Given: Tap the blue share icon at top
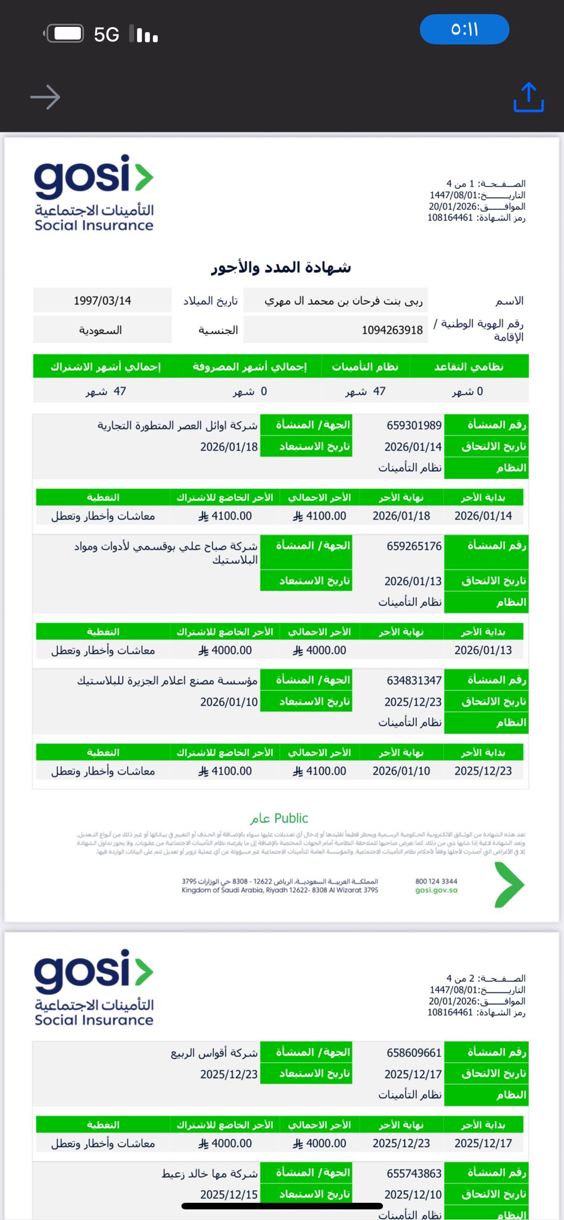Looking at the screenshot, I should tap(528, 98).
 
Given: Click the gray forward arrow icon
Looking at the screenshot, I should tap(45, 97).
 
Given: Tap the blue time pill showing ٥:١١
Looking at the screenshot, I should tap(465, 29).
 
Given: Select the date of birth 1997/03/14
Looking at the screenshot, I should tap(102, 300).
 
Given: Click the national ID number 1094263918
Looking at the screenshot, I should tap(392, 330).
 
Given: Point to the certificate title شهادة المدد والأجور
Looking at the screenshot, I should tap(281, 267).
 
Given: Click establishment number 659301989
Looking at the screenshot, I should tap(414, 425).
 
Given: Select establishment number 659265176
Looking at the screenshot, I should tap(414, 546).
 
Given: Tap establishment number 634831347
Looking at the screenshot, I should tap(414, 680).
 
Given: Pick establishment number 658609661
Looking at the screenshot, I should tap(414, 1053).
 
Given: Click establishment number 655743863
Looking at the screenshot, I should tap(414, 1173).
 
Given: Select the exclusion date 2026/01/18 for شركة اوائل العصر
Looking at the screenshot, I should tap(229, 447).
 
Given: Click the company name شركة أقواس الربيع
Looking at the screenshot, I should tap(214, 1053).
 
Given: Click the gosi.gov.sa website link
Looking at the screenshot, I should tap(437, 890).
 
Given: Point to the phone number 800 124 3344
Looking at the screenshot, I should tap(437, 881).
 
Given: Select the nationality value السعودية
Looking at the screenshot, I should tap(101, 330).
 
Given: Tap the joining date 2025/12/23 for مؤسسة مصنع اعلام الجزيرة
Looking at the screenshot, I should tap(413, 702).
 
